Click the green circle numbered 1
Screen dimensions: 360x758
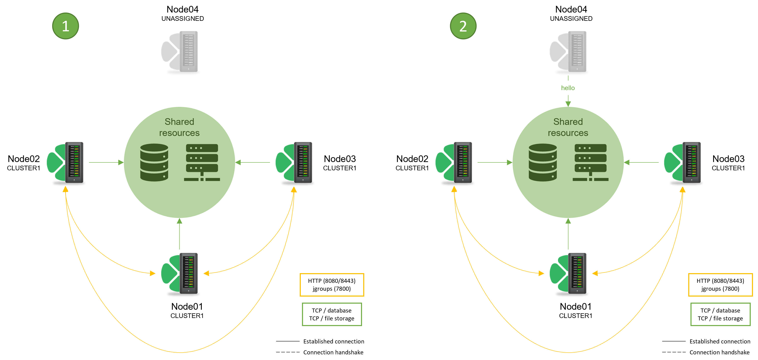coord(65,26)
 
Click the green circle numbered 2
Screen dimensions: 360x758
coord(463,26)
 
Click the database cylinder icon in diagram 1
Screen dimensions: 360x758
coord(154,162)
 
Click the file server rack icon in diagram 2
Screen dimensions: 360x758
coord(590,162)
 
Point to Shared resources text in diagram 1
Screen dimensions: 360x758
coord(179,127)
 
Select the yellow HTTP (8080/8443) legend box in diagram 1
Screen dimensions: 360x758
coord(332,285)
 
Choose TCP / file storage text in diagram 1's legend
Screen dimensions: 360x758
coord(332,319)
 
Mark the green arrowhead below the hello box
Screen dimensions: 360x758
coord(568,104)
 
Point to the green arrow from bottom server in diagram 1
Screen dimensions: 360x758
coord(179,234)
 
